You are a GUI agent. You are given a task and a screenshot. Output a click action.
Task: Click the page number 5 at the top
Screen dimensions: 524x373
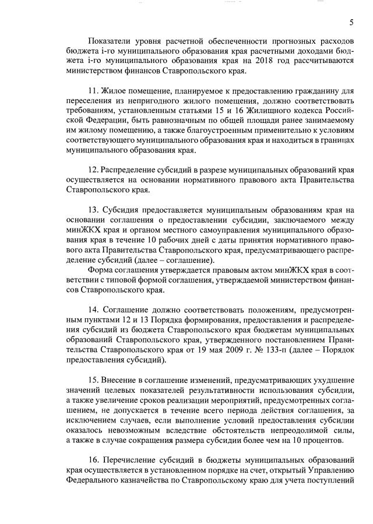351,23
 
